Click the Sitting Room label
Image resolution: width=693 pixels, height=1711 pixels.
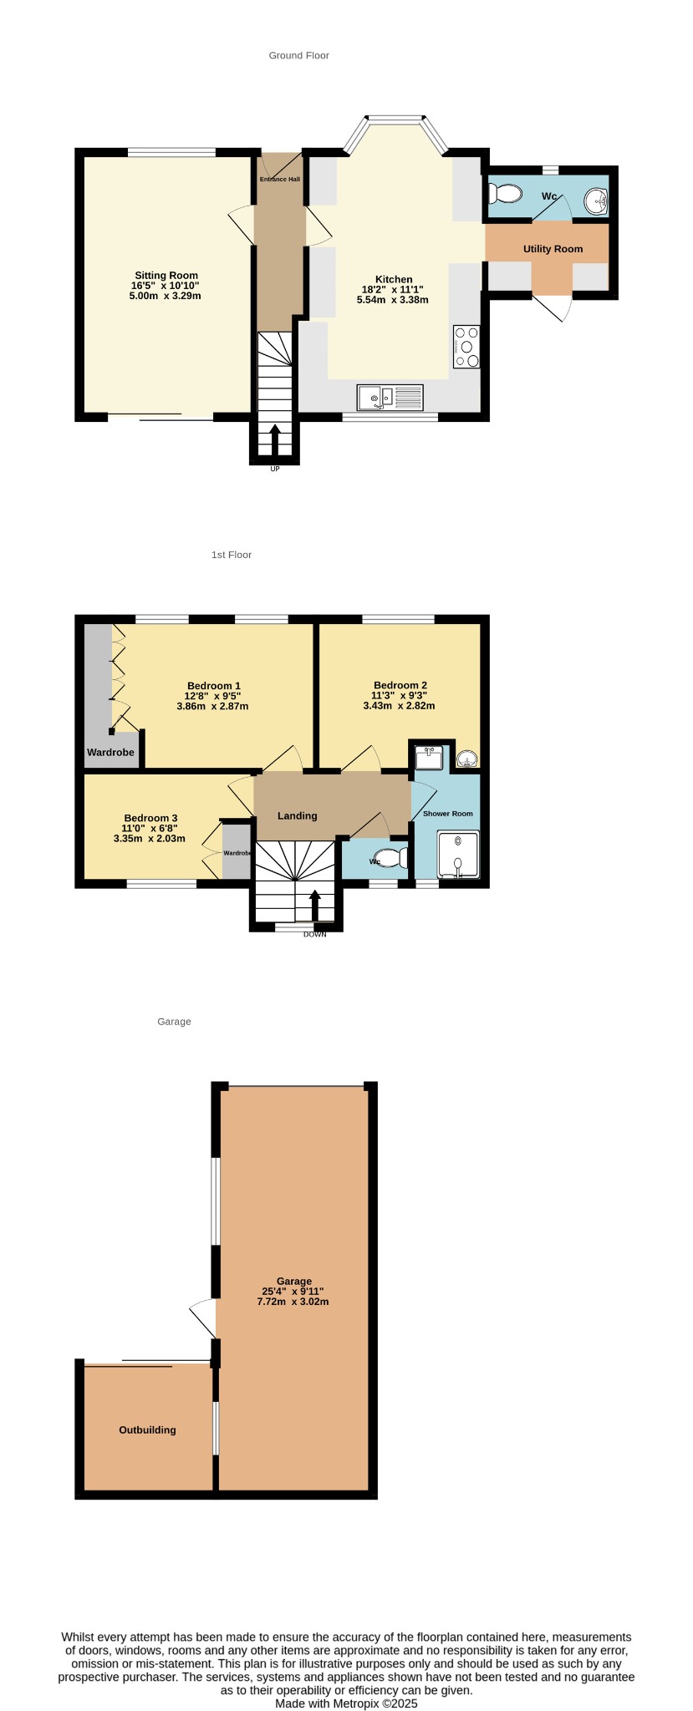pos(166,276)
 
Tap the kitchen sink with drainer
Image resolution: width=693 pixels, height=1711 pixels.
pos(390,397)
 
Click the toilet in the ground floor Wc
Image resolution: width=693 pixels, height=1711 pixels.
pos(504,194)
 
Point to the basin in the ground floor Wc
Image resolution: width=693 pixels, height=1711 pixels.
pos(596,201)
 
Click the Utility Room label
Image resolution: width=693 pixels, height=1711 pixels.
pos(553,249)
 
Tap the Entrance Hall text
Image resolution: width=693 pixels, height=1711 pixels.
pos(279,180)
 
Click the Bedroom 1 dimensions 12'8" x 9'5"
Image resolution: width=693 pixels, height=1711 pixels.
pos(212,696)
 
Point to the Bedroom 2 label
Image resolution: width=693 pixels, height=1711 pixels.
pos(400,685)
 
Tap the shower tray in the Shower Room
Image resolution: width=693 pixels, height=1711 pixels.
pos(458,855)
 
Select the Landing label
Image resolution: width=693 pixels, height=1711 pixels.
pos(298,816)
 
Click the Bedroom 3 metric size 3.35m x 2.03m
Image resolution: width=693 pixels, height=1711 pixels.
pos(149,839)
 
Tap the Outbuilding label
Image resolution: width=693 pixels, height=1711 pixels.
pos(147,1429)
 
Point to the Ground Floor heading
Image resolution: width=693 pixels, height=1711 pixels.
pos(298,56)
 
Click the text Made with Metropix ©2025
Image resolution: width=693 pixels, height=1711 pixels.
pos(346,1703)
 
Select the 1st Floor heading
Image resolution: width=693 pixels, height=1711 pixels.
pos(232,555)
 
